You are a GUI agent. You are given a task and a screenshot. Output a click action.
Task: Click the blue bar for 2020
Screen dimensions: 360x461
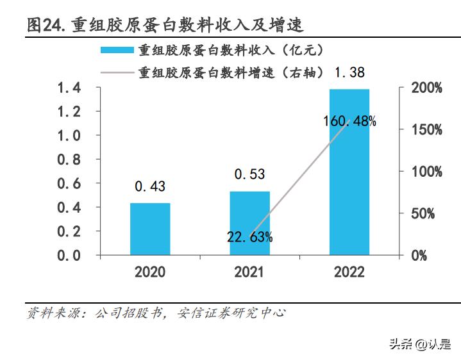150,229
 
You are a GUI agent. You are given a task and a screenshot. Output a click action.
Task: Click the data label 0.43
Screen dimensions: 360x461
150,186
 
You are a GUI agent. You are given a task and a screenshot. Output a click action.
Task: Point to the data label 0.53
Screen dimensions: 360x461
249,174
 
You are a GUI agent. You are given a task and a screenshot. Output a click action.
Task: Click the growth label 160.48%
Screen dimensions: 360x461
349,121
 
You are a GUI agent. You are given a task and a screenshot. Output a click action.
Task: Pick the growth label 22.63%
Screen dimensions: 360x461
249,237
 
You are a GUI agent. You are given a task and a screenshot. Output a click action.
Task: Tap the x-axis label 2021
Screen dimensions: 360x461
249,272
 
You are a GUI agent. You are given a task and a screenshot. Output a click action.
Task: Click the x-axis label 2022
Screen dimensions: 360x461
349,272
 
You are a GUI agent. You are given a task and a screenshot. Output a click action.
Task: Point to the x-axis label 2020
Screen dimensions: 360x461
150,272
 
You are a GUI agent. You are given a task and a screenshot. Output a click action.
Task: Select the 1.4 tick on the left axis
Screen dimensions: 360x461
69,88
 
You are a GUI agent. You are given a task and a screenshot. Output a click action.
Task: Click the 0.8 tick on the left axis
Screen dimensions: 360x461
69,160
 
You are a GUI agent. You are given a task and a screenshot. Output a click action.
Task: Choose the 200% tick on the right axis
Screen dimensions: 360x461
426,88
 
